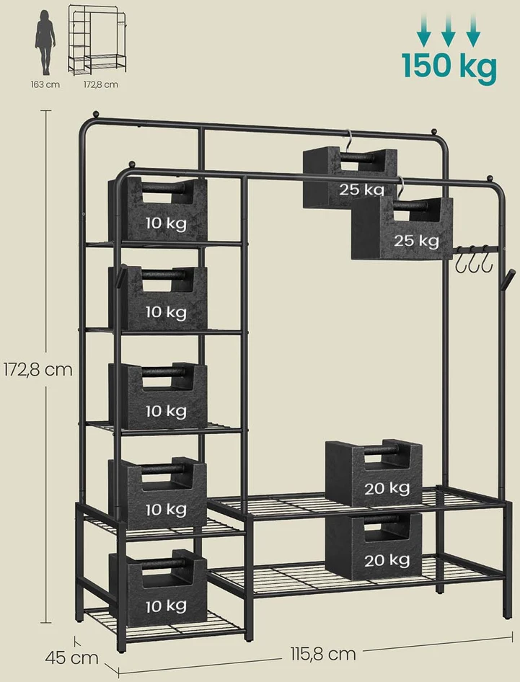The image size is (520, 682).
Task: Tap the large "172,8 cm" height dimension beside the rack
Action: coord(38,370)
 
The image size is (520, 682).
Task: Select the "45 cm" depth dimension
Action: coord(72,657)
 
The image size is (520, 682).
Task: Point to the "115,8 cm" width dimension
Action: coord(323,653)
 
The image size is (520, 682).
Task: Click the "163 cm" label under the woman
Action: coord(45,84)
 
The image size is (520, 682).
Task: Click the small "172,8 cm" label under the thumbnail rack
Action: coord(100,84)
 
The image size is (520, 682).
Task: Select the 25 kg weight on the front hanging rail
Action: coord(402,228)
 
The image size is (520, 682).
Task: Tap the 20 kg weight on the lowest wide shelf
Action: coord(374,546)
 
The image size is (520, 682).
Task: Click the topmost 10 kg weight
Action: coord(157,209)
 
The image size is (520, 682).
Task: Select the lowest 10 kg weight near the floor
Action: coord(157,588)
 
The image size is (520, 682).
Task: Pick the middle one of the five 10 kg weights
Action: coord(157,396)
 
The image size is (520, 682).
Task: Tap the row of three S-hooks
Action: coord(473,260)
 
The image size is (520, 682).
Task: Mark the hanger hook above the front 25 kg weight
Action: coord(401,188)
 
